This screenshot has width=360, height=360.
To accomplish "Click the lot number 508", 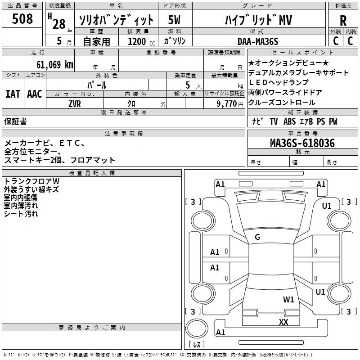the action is tap(22, 18).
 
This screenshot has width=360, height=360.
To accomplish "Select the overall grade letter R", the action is tap(343, 21).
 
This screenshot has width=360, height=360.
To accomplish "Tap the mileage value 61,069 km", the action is tap(54, 65).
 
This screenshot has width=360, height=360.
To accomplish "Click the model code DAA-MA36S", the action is tap(258, 41).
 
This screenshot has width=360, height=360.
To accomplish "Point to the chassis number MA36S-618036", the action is tap(302, 143).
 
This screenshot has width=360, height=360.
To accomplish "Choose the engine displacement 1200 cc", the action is tap(141, 41).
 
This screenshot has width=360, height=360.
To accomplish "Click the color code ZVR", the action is tap(75, 104).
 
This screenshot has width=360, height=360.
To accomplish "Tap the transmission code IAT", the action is tap(13, 94).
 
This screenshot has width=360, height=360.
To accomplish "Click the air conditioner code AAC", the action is tap(35, 94).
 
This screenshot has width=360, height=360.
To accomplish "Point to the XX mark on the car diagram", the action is tap(283, 322).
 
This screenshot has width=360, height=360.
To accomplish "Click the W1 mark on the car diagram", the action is tap(288, 299).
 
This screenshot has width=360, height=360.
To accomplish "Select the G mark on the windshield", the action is tap(257, 237).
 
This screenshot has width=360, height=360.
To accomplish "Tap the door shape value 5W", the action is tap(174, 20).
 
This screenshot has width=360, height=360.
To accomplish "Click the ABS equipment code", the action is tap(289, 121).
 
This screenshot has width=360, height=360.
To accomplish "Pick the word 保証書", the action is tap(15, 121).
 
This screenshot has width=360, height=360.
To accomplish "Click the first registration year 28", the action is tap(59, 24).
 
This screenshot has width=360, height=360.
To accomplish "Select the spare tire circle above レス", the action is tap(197, 328).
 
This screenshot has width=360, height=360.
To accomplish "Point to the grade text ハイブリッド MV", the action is tap(258, 20).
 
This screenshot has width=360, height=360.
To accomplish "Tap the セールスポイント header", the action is tap(302, 53).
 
